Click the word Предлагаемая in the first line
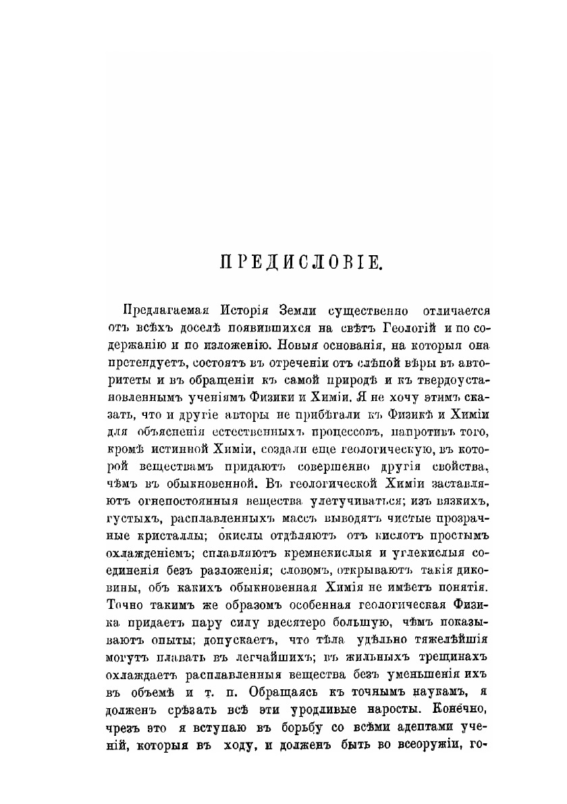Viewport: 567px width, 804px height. (x=161, y=311)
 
